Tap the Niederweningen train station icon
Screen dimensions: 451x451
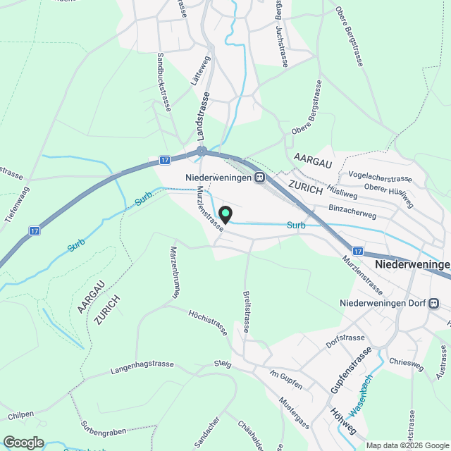pos(259,178)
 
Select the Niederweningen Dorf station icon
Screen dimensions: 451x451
pos(433,304)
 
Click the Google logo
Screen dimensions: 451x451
pos(23,443)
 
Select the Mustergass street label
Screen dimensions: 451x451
pos(295,414)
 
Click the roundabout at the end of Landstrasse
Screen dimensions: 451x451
pos(202,152)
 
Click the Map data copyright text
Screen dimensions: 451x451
pos(406,445)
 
